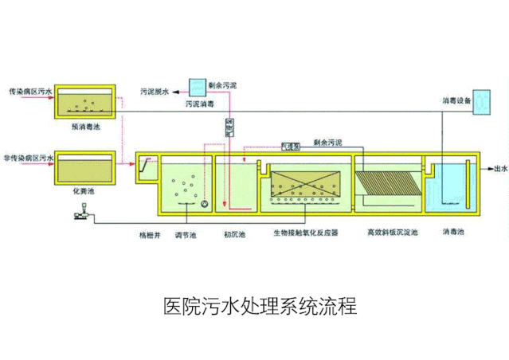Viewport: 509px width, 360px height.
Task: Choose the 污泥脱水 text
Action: [x=155, y=92]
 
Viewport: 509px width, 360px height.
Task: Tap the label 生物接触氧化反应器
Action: [x=306, y=233]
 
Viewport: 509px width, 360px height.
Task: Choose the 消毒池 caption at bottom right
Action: [x=453, y=233]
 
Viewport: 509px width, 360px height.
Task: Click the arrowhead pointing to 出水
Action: [x=488, y=168]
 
